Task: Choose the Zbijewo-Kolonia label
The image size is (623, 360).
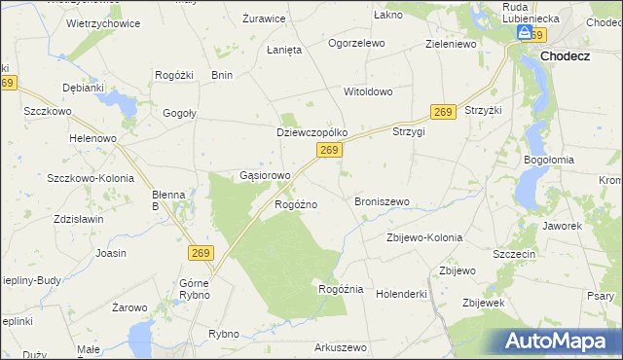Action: pyautogui.click(x=424, y=237)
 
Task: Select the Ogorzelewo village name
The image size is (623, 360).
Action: pyautogui.click(x=356, y=44)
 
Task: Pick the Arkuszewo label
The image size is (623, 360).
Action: pyautogui.click(x=340, y=347)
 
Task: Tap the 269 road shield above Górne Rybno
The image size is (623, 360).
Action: pyautogui.click(x=201, y=253)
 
